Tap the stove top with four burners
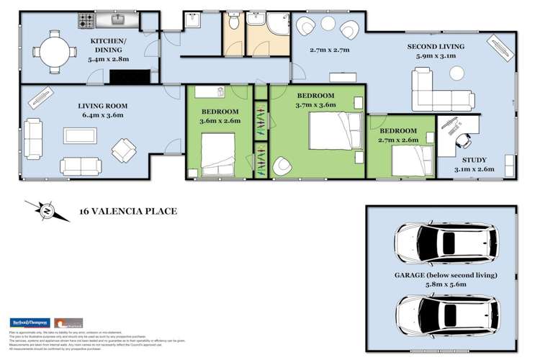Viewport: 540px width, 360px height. coord(86,18)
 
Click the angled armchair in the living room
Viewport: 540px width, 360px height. coord(123,150)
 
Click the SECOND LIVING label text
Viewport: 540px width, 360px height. coord(436,47)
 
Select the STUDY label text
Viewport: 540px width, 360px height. coord(474,160)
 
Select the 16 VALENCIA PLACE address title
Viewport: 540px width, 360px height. coord(127,212)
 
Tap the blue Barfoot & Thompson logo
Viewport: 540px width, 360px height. coord(29,323)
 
